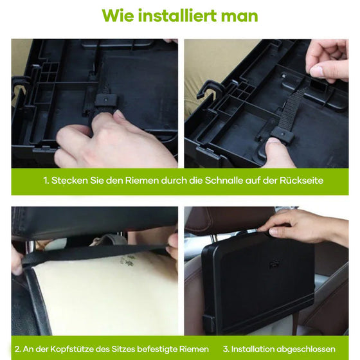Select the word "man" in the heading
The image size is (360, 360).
(x=239, y=15)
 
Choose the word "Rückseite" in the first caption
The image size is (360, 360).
(x=300, y=181)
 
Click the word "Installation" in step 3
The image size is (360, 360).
(x=254, y=348)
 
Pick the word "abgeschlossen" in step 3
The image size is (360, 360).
(x=311, y=348)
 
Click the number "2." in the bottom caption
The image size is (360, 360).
(x=18, y=348)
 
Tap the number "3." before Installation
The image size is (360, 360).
(x=226, y=348)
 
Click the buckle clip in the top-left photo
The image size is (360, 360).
(x=104, y=102)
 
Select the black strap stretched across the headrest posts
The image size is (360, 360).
(x=96, y=252)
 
